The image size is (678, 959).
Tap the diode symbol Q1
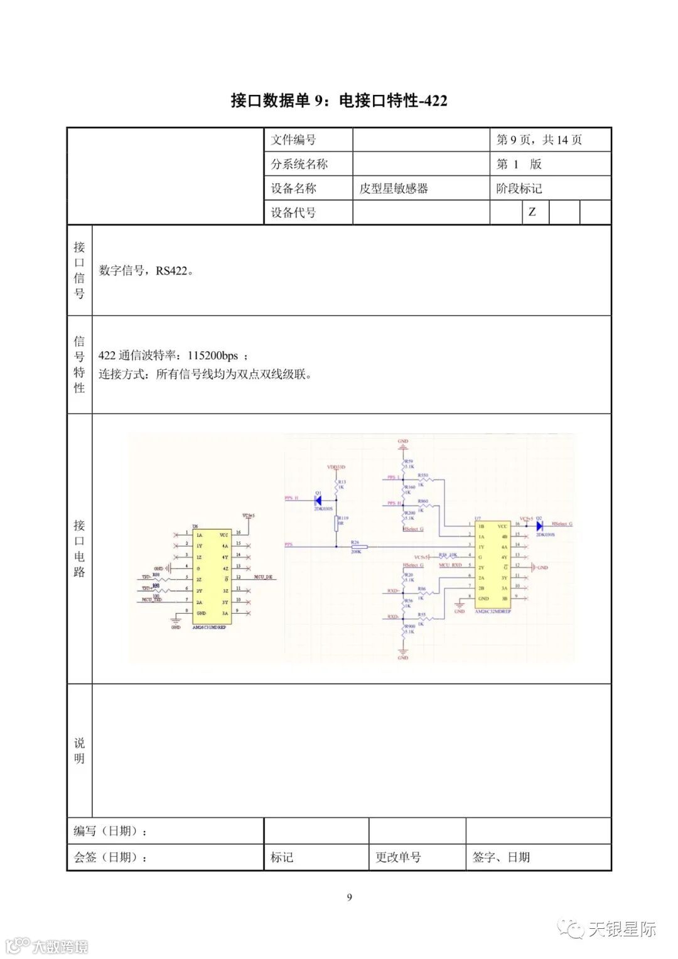pos(318,501)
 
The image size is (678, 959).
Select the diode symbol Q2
pos(539,526)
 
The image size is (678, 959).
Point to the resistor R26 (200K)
pos(358,546)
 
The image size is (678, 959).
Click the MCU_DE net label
pos(263,577)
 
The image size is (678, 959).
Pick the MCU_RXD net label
pos(450,565)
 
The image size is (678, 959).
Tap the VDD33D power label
pos(336,467)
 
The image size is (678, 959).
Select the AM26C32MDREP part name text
pos(493,611)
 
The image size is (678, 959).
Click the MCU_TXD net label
pos(151,600)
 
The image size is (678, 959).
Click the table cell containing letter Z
pos(532,212)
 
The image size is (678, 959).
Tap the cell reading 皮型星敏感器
pos(394,188)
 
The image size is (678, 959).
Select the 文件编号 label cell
pos(294,140)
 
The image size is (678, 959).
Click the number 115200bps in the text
pos(213,355)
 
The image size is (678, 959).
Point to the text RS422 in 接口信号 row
pos(171,271)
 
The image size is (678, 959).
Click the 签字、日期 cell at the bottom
pos(501,857)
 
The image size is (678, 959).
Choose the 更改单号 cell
pos(398,857)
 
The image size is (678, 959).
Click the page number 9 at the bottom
pos(350,897)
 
